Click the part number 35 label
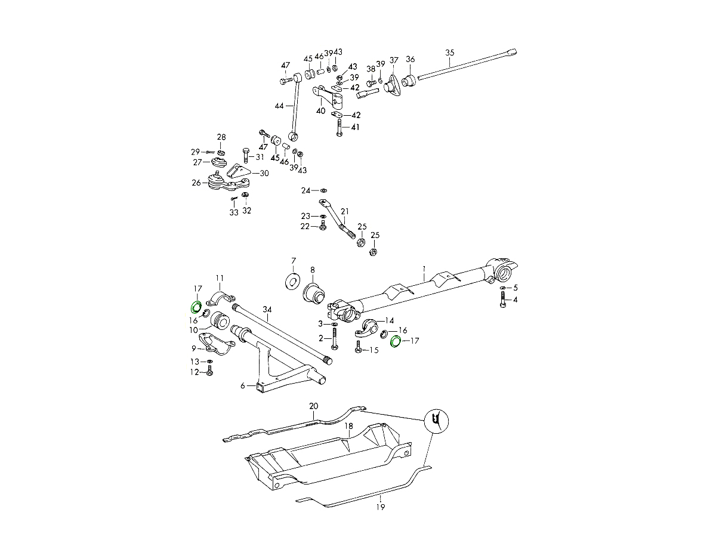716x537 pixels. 450,53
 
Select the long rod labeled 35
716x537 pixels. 465,64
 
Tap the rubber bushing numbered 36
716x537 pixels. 409,81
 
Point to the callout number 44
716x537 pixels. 279,106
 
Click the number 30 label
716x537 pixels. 264,173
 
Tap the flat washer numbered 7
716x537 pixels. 293,280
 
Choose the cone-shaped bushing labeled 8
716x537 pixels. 314,293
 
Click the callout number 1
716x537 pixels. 424,268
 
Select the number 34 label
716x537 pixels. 267,309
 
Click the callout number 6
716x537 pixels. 243,386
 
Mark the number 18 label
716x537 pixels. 349,426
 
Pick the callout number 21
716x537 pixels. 345,211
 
